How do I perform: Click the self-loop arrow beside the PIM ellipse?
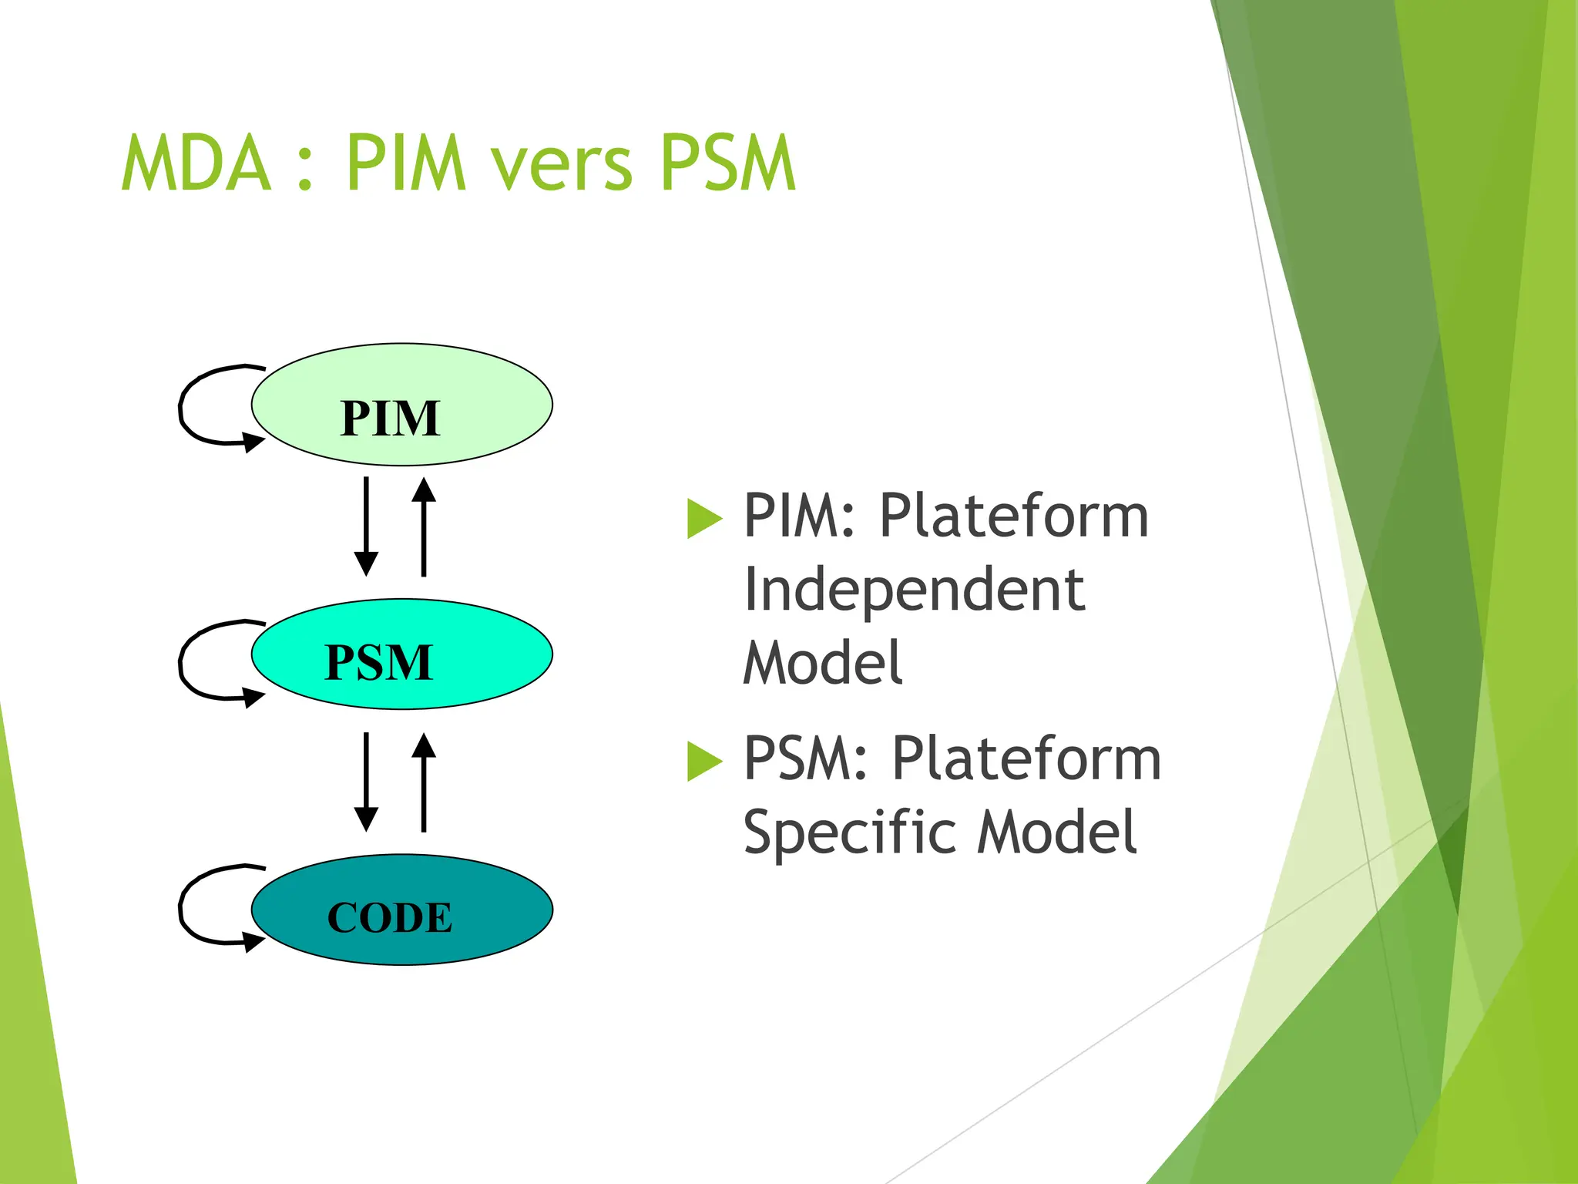click(x=185, y=405)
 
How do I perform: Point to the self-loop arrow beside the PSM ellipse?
click(x=185, y=661)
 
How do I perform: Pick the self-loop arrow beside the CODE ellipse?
click(x=185, y=906)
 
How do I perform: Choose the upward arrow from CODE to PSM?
click(x=424, y=782)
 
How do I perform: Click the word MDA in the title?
click(x=197, y=163)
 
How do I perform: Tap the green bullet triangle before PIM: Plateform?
click(x=703, y=518)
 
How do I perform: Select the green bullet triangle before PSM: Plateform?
click(x=703, y=761)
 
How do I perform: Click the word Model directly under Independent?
click(x=822, y=663)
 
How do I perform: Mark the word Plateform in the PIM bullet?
click(x=1014, y=516)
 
